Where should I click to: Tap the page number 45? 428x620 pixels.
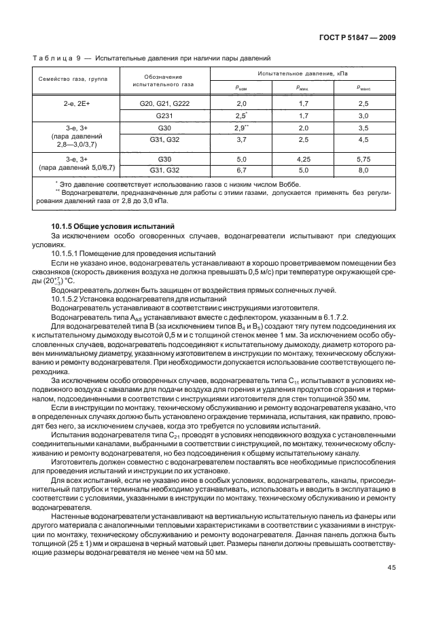pyautogui.click(x=390, y=586)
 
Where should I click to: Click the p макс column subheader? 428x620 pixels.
pyautogui.click(x=363, y=87)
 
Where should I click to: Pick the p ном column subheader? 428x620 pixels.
pyautogui.click(x=241, y=87)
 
